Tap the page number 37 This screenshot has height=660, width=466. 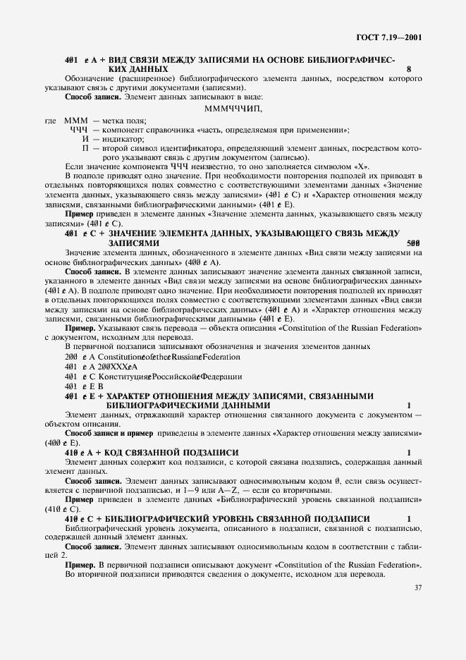pos(417,586)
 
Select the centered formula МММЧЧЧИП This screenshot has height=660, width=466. pos(233,109)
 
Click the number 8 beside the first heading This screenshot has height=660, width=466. pos(409,70)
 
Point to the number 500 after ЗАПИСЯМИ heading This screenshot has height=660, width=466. pos(415,243)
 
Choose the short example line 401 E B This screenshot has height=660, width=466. pos(84,386)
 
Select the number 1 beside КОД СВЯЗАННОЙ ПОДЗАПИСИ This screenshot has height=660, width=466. pos(409,451)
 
